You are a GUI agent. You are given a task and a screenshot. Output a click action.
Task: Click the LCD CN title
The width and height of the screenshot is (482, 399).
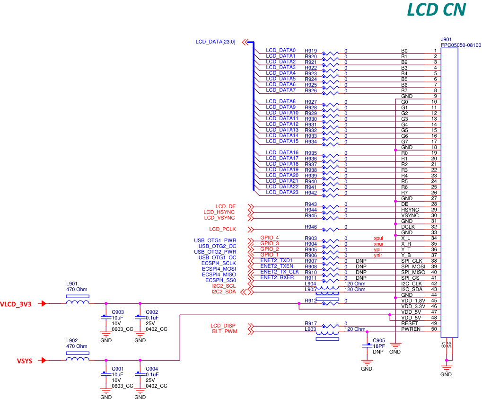[436, 10]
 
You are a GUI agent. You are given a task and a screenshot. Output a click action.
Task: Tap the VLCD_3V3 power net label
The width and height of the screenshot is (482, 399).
[16, 304]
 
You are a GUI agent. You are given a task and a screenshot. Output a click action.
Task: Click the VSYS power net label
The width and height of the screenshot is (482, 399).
[24, 361]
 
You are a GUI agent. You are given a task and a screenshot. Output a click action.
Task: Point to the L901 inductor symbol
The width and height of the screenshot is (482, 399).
[77, 303]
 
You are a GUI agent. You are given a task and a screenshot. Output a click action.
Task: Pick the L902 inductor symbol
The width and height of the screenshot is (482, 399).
[77, 359]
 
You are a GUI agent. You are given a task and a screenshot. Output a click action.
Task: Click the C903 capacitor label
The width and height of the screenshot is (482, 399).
[117, 312]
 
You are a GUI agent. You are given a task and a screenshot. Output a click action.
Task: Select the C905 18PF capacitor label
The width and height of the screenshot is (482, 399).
[378, 340]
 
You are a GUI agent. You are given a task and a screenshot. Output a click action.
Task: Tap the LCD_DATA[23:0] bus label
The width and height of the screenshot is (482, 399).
[215, 42]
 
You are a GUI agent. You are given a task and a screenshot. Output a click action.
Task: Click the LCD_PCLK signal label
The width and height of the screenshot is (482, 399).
[222, 230]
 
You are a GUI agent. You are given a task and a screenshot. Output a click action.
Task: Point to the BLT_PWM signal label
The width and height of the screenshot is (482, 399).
[225, 331]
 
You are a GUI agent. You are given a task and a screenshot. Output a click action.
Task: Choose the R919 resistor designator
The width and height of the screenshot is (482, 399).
[311, 51]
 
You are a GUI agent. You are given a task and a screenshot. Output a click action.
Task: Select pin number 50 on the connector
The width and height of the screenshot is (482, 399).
[433, 329]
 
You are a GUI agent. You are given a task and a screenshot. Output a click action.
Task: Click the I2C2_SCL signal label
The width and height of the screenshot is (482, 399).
[224, 286]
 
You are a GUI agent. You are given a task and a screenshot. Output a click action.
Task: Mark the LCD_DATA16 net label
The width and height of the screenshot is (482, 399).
[282, 152]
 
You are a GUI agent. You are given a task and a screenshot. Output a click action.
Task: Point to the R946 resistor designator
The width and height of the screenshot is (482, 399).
[311, 227]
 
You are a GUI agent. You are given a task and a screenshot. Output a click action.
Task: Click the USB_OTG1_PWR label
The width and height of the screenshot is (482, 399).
[215, 240]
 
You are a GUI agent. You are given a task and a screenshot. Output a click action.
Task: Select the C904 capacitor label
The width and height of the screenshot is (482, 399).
[152, 369]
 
